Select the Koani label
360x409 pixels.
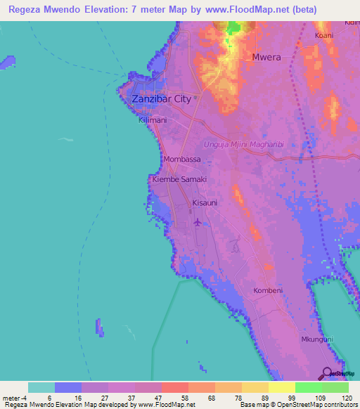pos(323,35)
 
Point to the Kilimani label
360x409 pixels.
pos(153,120)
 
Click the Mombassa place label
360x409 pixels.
pos(181,160)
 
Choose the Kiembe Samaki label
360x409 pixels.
pos(179,180)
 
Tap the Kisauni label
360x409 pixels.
pos(204,202)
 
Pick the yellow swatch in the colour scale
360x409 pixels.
pos(281,387)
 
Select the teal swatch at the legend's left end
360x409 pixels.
pos(41,387)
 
